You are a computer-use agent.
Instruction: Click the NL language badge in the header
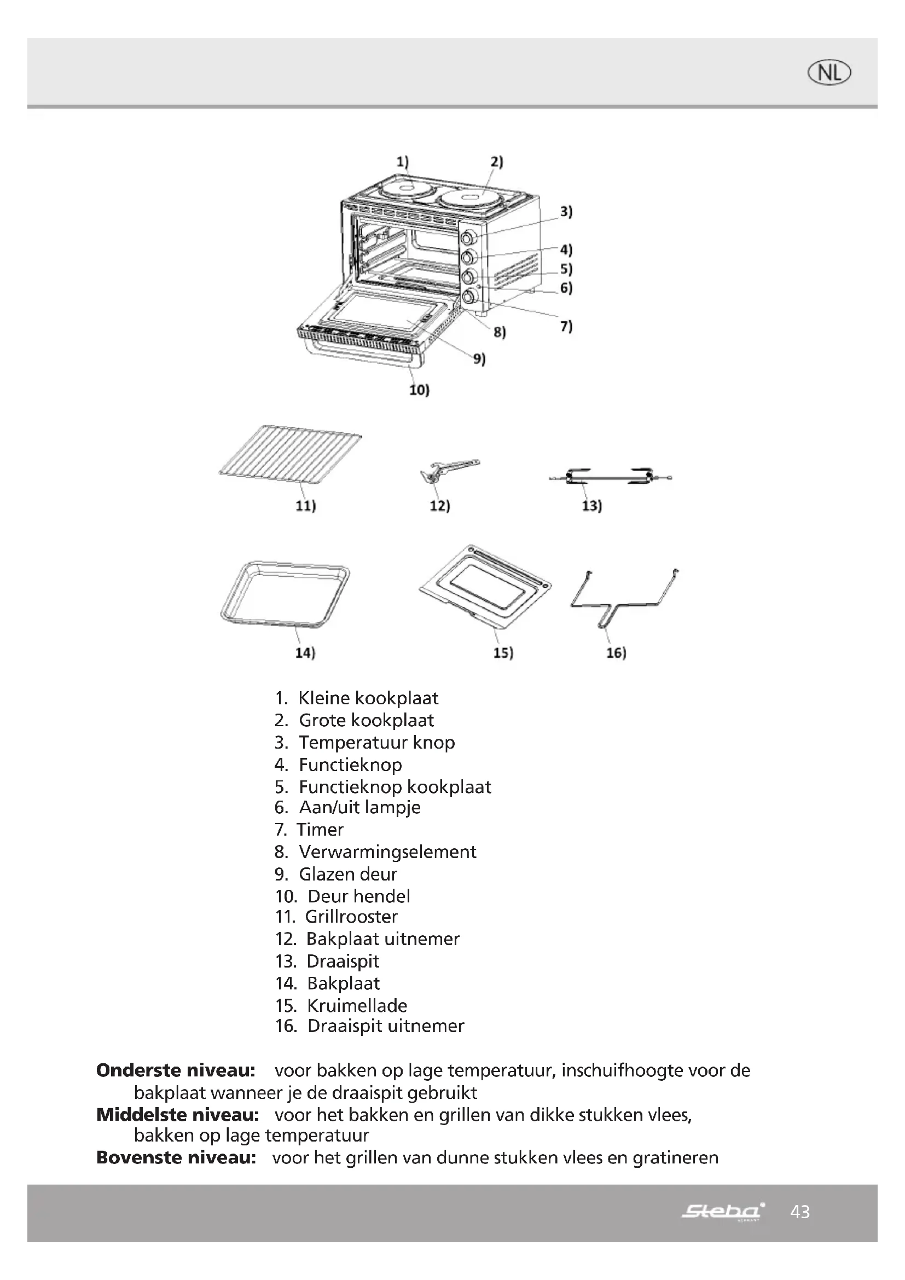coord(829,73)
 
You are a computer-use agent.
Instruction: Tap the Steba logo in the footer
coord(723,1211)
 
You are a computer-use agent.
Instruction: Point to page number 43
coord(800,1212)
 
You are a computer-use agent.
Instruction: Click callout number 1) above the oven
coord(402,161)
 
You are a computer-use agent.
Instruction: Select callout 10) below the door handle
coord(419,390)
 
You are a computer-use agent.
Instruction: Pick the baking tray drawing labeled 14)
coord(285,595)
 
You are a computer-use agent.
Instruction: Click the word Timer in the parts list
coord(320,829)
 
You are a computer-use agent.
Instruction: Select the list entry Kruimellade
coord(357,1005)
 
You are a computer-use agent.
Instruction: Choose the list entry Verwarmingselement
coord(387,852)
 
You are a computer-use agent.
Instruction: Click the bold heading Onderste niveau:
coord(176,1070)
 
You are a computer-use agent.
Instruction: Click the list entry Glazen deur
coord(348,873)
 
